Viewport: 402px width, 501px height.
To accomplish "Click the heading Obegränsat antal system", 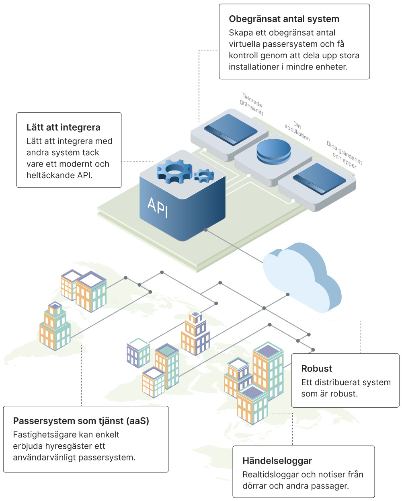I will tap(284, 19).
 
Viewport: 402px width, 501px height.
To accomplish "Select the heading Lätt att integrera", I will tap(63, 127).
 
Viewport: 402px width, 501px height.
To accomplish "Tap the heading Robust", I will tap(316, 369).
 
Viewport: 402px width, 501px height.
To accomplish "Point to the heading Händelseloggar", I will tap(277, 461).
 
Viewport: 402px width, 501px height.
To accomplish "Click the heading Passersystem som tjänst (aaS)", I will tap(81, 421).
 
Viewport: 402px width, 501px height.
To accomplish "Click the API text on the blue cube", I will tap(158, 207).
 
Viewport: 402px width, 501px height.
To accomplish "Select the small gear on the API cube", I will tap(203, 175).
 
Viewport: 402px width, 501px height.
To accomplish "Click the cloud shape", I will tap(301, 277).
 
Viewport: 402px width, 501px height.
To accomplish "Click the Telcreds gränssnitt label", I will tap(252, 104).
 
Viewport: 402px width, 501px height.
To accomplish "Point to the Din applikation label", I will tap(297, 131).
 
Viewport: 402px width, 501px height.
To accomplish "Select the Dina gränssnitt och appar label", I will tap(344, 154).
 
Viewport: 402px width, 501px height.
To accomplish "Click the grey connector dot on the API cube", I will tap(206, 230).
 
